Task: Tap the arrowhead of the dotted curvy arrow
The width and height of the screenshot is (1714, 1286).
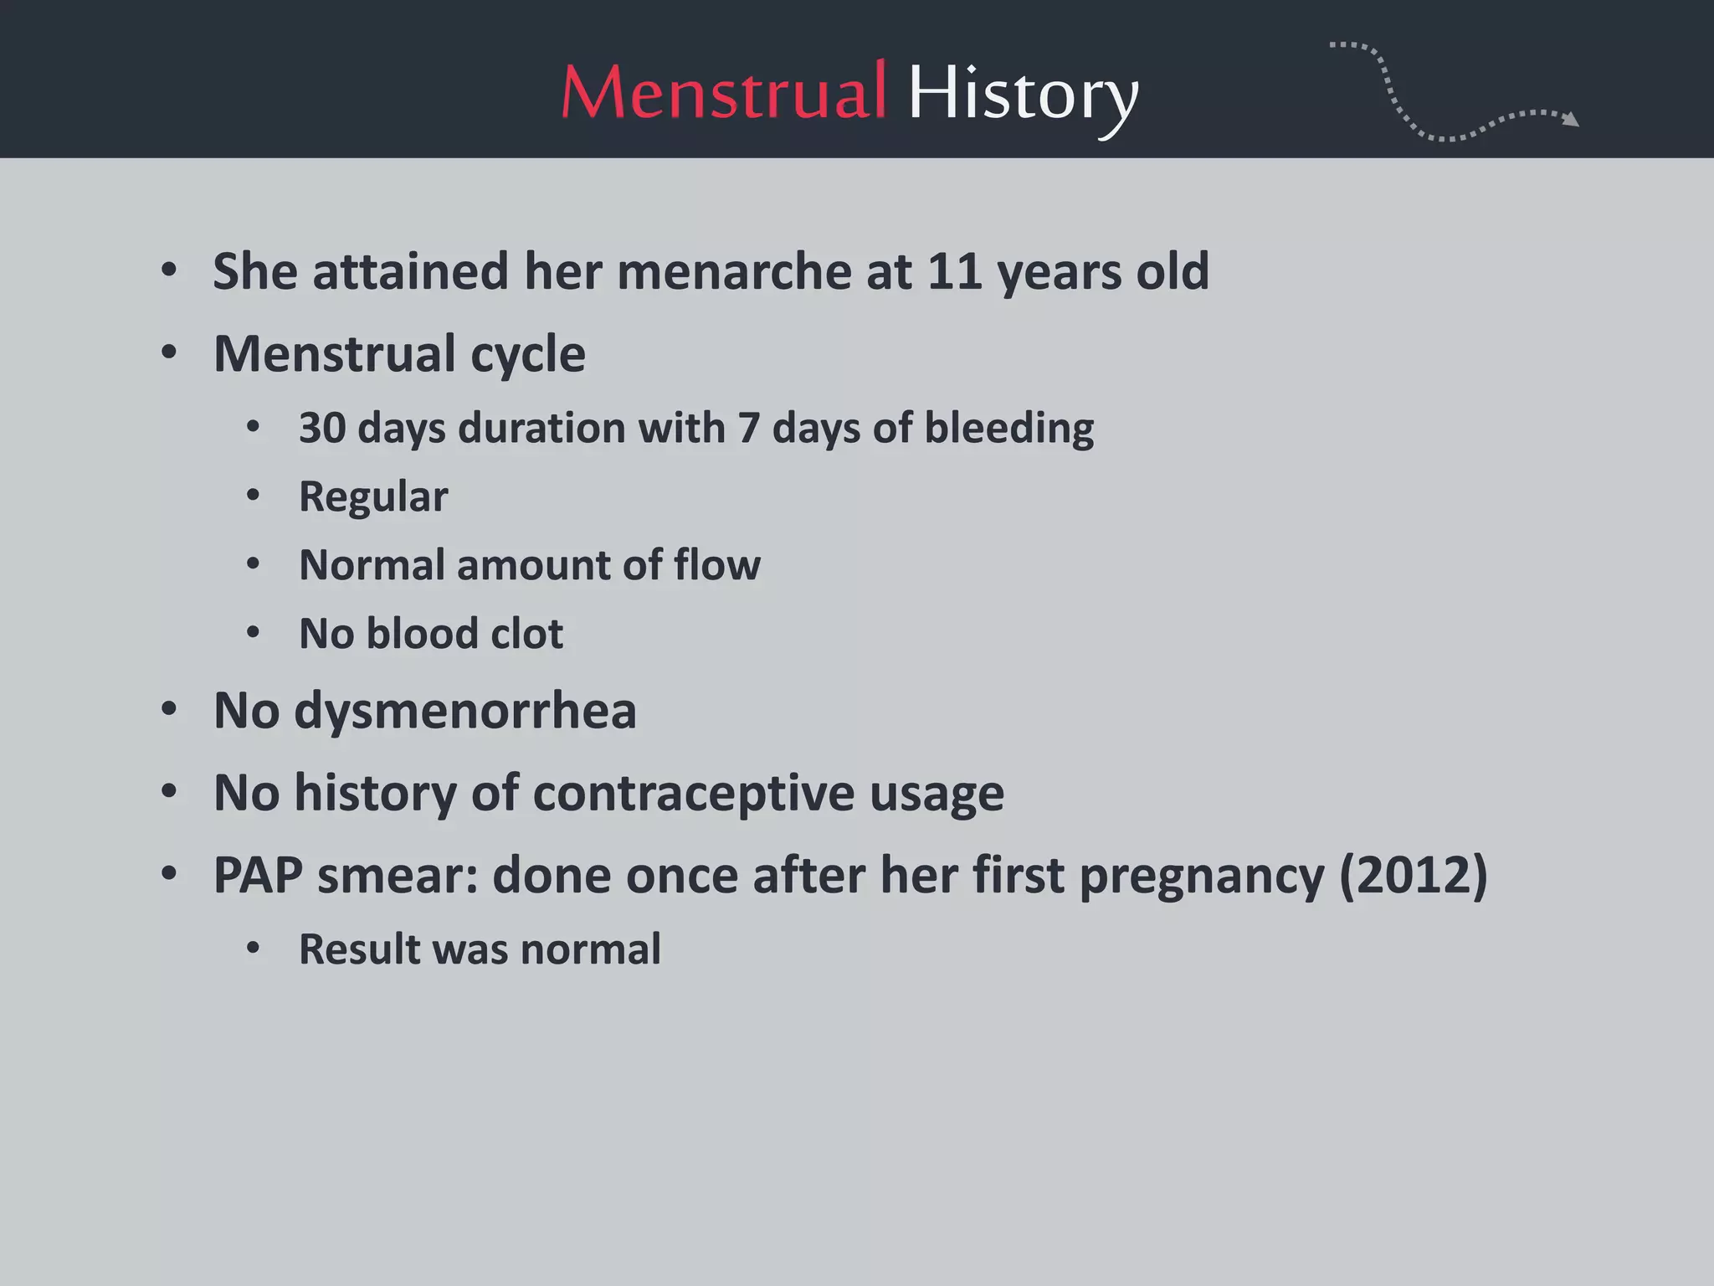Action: coord(1572,120)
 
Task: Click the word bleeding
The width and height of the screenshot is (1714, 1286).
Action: coord(1008,429)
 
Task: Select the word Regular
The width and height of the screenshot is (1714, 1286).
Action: coord(373,497)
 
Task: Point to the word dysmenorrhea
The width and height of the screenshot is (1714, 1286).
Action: coord(465,711)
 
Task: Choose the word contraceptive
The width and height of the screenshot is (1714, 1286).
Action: coord(693,794)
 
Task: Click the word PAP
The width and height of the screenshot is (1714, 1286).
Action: coord(258,876)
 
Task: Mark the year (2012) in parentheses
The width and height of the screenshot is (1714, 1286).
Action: coord(1413,876)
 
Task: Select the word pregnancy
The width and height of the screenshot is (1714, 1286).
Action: coord(1202,877)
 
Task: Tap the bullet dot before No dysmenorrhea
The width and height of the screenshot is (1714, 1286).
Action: coord(169,710)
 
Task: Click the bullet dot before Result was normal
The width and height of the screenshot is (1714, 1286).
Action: coord(253,949)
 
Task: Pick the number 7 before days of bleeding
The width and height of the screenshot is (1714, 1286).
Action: coord(748,428)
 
